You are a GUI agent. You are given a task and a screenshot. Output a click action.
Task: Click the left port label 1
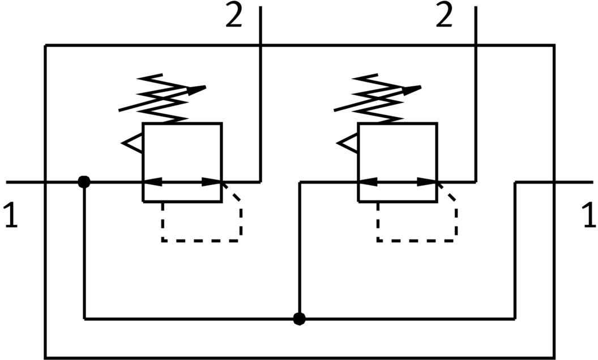11,216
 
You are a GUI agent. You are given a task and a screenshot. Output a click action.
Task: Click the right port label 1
588,216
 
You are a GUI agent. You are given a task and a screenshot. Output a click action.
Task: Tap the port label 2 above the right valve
445,18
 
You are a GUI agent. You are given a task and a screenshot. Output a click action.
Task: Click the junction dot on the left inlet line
84,182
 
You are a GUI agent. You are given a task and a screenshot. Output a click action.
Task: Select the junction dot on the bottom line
300,319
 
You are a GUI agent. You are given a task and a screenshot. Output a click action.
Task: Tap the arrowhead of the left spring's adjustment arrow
198,89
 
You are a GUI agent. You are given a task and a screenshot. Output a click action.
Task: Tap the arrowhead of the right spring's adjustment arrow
413,89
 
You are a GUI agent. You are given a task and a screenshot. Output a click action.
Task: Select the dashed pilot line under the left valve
201,240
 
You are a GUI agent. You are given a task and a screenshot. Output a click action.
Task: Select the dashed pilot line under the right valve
417,240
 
